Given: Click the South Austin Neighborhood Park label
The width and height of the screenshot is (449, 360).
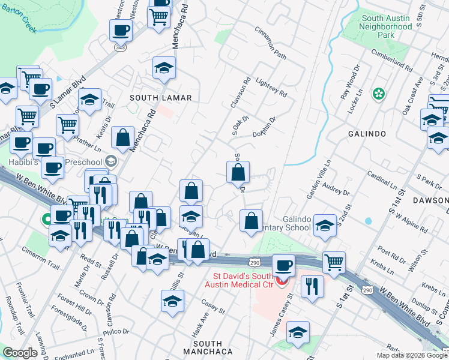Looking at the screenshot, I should click(x=387, y=26).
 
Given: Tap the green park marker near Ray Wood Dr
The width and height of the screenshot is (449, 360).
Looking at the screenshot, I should click(x=379, y=93).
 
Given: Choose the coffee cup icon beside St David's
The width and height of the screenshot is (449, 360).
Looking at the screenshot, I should click(x=283, y=265).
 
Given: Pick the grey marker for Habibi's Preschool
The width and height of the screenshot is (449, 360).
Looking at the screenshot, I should click(x=111, y=161).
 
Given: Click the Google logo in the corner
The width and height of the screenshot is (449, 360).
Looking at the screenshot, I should click(x=20, y=353).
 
